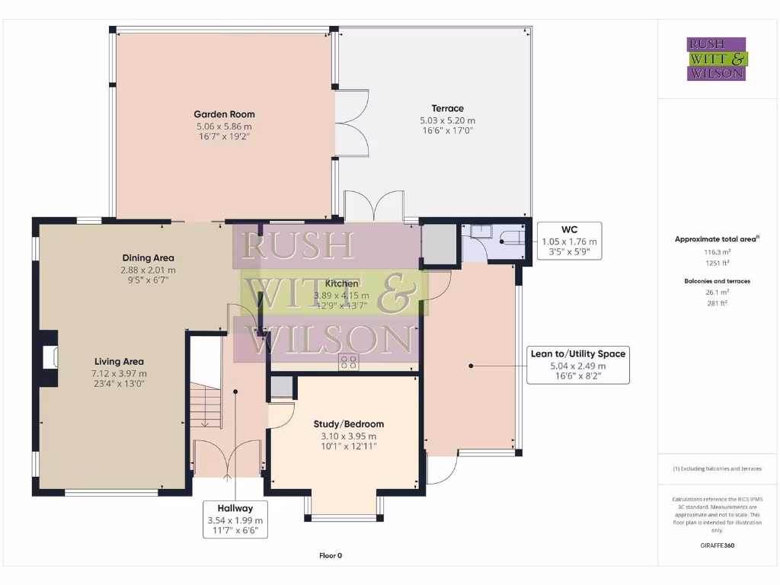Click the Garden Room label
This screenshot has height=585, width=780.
[223, 114]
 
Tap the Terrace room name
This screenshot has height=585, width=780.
[447, 108]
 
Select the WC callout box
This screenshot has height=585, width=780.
[569, 241]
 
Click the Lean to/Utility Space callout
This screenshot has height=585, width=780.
[579, 366]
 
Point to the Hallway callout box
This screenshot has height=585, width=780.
[235, 519]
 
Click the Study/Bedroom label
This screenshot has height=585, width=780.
[348, 424]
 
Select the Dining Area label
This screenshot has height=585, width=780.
[148, 257]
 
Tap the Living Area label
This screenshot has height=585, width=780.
[119, 361]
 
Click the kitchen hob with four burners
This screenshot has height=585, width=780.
[349, 363]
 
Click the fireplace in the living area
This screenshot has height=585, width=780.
[50, 357]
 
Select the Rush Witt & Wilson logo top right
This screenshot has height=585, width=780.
[717, 59]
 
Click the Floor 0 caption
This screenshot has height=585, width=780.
[331, 555]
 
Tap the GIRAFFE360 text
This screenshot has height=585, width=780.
[717, 545]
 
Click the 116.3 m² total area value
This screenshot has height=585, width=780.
[717, 251]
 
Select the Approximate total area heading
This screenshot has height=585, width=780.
[717, 239]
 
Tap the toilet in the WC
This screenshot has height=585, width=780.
[511, 241]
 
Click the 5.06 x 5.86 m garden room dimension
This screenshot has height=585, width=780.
[223, 126]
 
